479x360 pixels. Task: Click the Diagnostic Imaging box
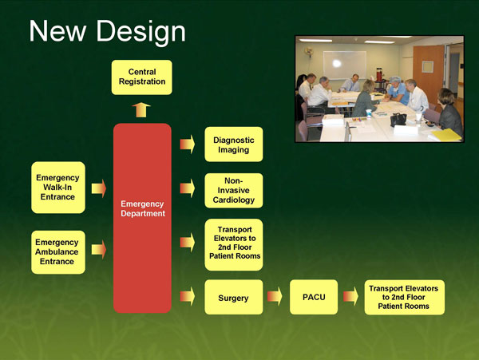234,144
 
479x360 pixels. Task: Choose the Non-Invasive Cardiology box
234,191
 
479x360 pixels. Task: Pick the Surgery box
233,298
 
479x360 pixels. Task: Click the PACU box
314,298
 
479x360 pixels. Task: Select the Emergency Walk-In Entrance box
57,188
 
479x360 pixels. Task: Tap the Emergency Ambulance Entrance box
57,250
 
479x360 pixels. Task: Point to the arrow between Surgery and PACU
275,298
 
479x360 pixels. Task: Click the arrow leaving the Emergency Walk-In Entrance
99,188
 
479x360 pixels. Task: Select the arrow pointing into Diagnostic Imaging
187,144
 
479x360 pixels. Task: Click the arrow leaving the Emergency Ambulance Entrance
99,250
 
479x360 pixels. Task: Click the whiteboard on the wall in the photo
344,63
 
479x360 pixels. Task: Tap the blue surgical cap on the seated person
394,82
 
